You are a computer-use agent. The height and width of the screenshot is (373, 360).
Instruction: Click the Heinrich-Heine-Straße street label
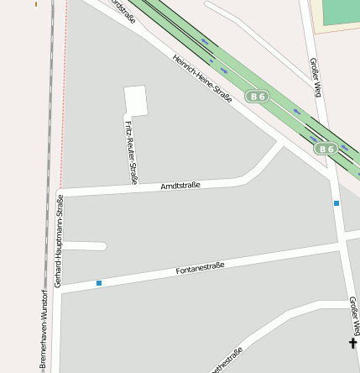coord(201,80)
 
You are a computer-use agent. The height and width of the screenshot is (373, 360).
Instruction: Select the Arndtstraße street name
coord(180,185)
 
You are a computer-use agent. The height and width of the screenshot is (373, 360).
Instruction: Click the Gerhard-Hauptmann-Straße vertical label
coord(59,240)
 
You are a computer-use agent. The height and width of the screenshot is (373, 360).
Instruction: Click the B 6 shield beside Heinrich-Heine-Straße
coord(257,97)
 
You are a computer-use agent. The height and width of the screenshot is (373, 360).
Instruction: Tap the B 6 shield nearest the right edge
coord(326,149)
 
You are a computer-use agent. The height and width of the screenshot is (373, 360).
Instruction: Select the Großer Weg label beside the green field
coord(315,77)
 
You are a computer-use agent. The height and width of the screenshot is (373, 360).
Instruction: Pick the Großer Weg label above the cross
coord(353,314)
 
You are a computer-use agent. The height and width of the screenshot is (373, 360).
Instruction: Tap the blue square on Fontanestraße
coord(99,283)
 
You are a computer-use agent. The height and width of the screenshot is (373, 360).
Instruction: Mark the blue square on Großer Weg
coord(337,203)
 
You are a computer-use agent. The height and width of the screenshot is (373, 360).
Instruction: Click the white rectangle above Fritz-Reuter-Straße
coord(135,100)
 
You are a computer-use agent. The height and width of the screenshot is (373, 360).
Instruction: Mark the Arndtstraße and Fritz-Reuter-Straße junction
coord(134,189)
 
